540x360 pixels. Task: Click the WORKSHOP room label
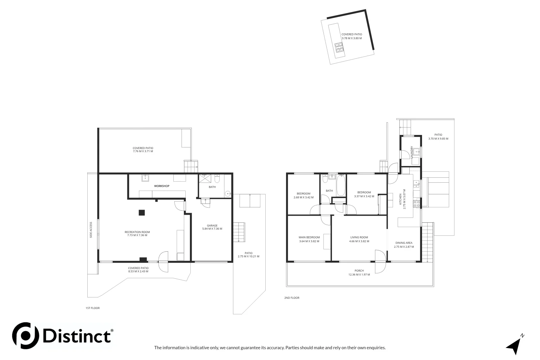(x=162, y=186)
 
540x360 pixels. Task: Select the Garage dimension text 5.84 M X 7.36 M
(x=212, y=229)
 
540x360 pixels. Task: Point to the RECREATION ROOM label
(x=137, y=232)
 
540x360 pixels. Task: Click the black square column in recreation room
(x=142, y=212)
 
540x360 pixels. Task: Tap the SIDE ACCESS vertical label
(x=91, y=230)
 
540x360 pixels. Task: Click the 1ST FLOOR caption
(x=93, y=308)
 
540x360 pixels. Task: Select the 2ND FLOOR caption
(x=292, y=298)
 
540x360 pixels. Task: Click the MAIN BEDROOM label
(x=309, y=237)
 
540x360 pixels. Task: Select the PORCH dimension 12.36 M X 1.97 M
(x=359, y=275)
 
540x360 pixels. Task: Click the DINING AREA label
(x=404, y=243)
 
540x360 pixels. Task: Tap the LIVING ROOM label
(x=359, y=237)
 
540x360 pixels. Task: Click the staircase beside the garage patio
(x=239, y=232)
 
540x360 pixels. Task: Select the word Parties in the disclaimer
(x=292, y=348)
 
